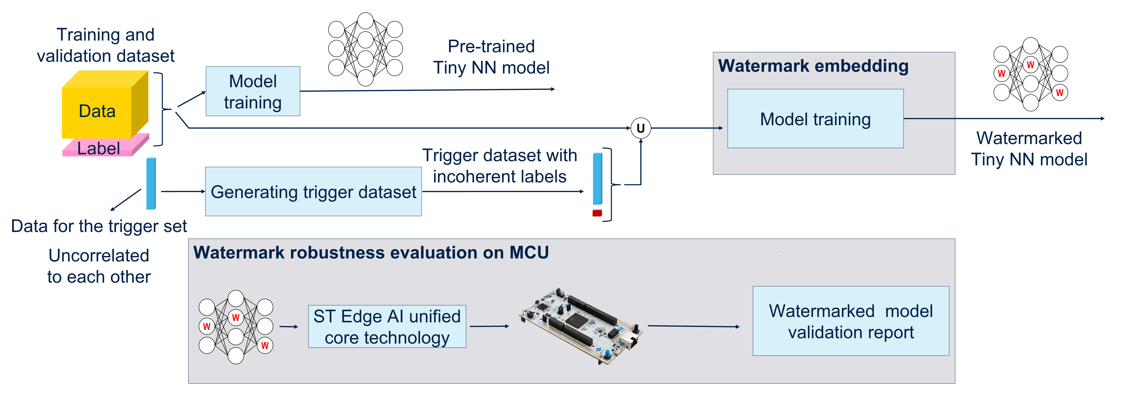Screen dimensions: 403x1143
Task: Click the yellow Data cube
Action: pyautogui.click(x=98, y=111)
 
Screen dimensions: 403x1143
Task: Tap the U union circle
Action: pyautogui.click(x=640, y=128)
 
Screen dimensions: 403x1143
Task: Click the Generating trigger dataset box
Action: pyautogui.click(x=313, y=192)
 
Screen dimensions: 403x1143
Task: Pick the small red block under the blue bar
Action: pyautogui.click(x=597, y=213)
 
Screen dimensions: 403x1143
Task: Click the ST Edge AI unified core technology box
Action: pyautogui.click(x=387, y=327)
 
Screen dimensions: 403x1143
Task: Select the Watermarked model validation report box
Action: pyautogui.click(x=851, y=321)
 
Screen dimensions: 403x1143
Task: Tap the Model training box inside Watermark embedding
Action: pyautogui.click(x=815, y=119)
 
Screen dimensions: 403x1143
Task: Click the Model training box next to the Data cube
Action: pyautogui.click(x=253, y=92)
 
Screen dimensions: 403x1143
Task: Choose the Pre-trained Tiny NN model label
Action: pyautogui.click(x=491, y=57)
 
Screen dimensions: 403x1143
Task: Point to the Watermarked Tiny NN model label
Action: pyautogui.click(x=1029, y=149)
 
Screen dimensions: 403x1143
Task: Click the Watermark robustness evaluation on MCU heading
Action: pyautogui.click(x=371, y=253)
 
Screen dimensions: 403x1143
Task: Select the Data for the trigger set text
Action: pyautogui.click(x=99, y=226)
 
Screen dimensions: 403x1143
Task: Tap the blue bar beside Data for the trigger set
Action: pyautogui.click(x=151, y=183)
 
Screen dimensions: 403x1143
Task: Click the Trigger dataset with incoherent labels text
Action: pyautogui.click(x=500, y=166)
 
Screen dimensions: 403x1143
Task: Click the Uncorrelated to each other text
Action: pyautogui.click(x=99, y=266)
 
